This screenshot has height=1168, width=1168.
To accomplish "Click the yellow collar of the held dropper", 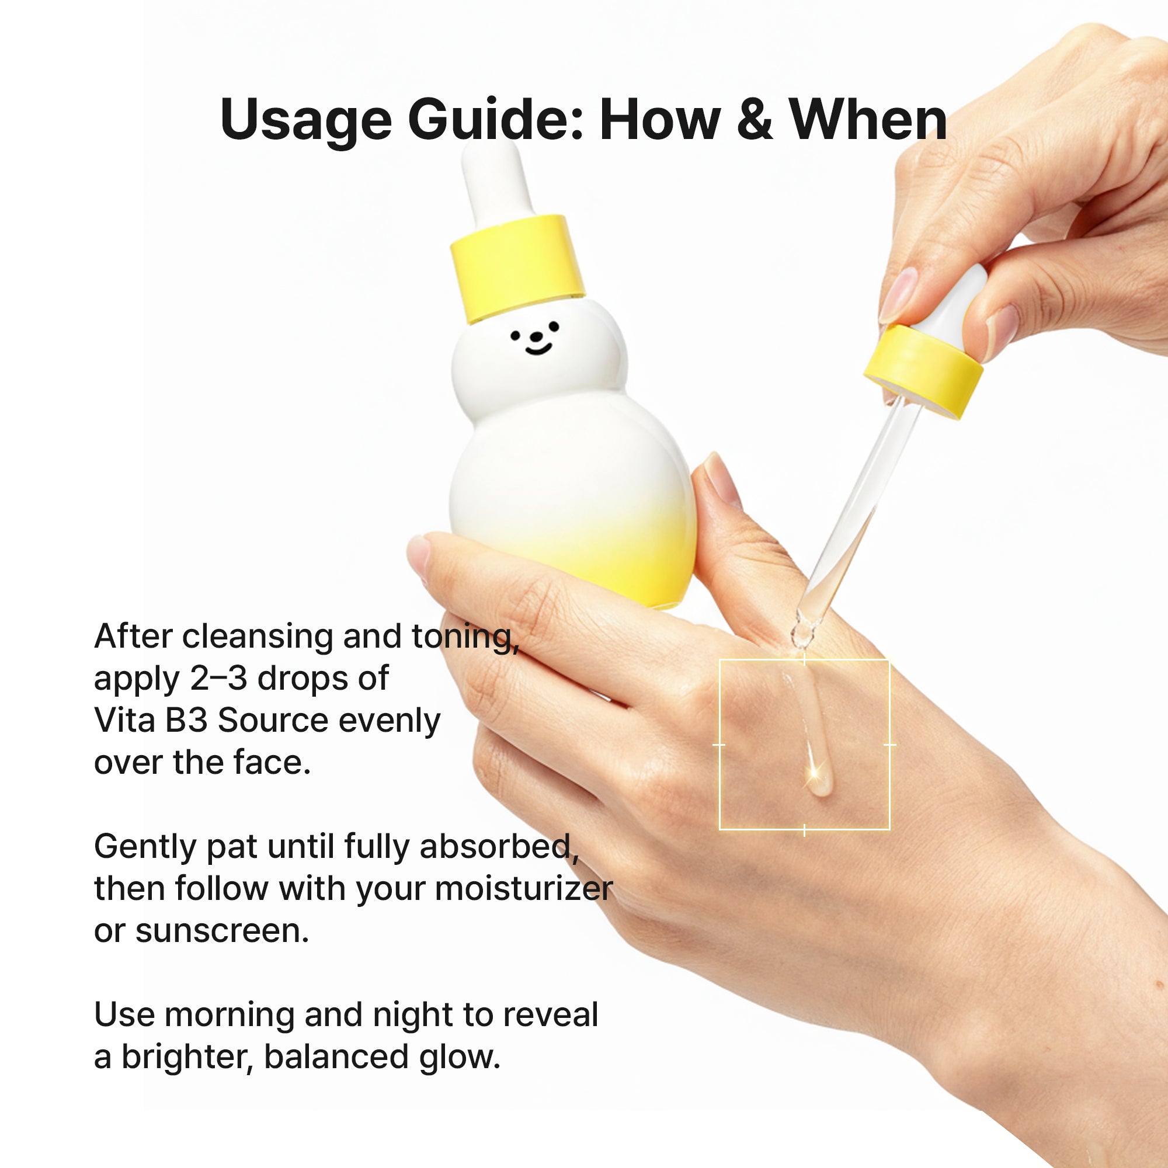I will (x=923, y=370).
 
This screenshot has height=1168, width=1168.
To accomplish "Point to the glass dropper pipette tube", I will (x=858, y=514).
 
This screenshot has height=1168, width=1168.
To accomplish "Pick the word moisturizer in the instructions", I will (x=523, y=889).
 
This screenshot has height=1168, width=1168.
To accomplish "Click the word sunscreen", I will (x=221, y=931).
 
